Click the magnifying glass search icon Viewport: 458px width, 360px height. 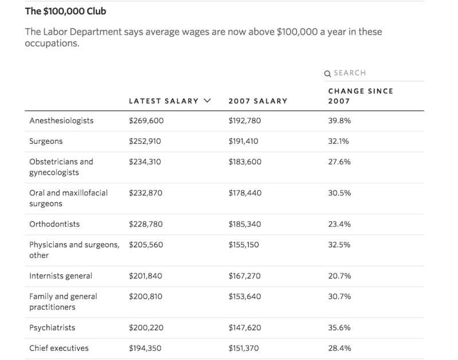327,73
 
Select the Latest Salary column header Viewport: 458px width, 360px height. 163,101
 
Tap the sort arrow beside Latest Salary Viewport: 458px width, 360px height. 207,101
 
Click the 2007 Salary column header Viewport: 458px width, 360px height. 258,101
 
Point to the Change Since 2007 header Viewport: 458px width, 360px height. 361,96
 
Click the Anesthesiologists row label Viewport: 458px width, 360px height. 61,121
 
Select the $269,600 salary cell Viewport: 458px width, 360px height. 146,121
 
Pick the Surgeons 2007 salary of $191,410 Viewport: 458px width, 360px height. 243,141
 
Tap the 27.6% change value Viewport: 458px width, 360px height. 339,162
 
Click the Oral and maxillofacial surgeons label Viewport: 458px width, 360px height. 68,198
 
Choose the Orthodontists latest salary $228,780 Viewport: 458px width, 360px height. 146,224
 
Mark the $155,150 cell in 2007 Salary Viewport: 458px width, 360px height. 244,245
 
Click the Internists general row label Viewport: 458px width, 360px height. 60,276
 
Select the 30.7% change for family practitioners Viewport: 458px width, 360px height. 339,296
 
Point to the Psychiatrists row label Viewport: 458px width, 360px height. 52,327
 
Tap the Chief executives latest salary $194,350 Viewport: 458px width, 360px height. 146,348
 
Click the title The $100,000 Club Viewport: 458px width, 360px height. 65,11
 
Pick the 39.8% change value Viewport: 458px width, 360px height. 339,121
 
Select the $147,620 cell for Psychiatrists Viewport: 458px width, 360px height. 245,327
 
